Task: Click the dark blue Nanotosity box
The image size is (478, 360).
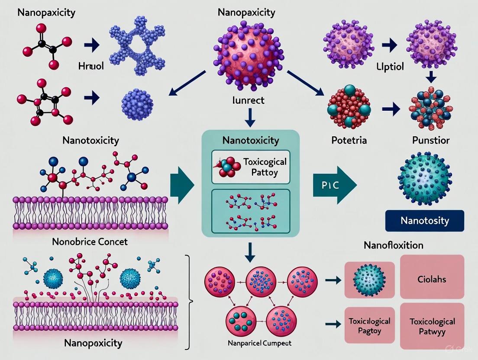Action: (424, 221)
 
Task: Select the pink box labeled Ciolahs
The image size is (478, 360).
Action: (432, 276)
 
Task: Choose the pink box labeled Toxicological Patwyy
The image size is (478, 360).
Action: (432, 326)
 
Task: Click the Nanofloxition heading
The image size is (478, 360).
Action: (392, 245)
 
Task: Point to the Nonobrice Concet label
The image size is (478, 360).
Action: (90, 241)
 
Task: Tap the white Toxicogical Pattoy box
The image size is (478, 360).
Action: (250, 167)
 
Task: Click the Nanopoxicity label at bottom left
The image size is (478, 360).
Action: (93, 343)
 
